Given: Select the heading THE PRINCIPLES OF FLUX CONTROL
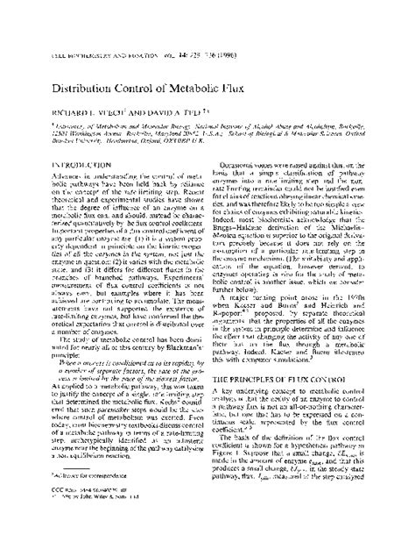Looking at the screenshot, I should [283, 377].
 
